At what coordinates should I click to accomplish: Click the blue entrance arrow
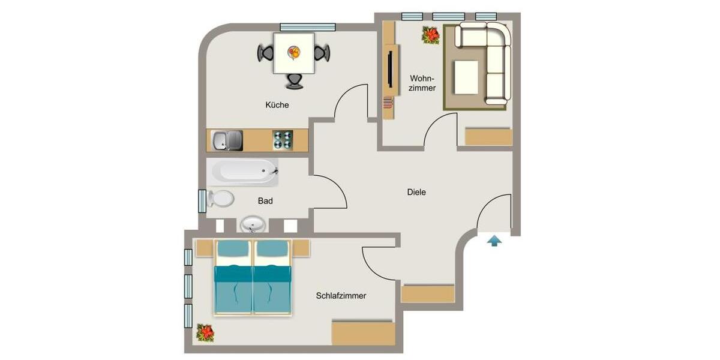pos(494,241)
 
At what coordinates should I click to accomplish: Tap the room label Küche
pos(277,105)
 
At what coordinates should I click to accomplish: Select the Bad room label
pos(265,201)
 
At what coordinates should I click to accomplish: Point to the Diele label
pos(416,193)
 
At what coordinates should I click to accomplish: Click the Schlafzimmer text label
pos(341,296)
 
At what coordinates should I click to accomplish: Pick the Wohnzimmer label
pos(422,83)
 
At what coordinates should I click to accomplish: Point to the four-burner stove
pos(283,140)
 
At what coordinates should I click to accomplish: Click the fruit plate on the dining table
pos(293,53)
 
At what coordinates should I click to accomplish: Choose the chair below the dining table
pos(294,80)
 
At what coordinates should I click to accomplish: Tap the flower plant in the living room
pos(430,35)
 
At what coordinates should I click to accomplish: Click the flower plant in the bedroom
pos(205,332)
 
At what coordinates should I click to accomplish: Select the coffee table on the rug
pos(466,77)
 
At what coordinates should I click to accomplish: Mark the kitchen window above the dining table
pos(307,26)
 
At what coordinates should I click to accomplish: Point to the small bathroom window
pos(202,200)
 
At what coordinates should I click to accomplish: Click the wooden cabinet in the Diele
pos(428,293)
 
